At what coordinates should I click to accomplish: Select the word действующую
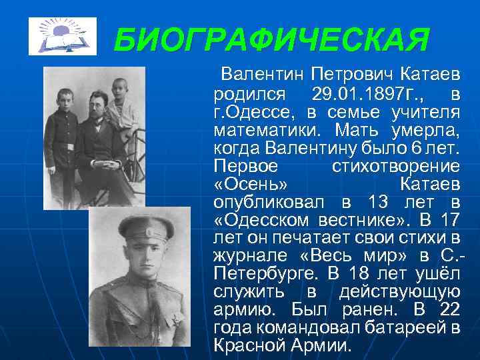coord(399,292)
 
